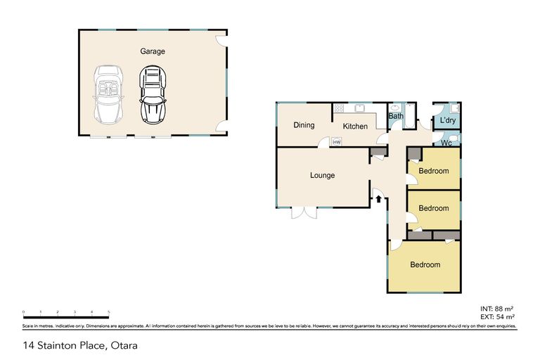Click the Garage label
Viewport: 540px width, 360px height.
(153, 51)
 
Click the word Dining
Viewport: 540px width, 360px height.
(304, 125)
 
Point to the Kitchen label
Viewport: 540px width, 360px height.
(355, 127)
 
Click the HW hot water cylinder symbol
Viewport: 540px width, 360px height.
(337, 142)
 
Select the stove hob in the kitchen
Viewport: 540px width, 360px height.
(338, 108)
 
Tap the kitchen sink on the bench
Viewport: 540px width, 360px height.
(359, 108)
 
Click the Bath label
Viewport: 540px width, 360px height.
(396, 117)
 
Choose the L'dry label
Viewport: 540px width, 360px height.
(447, 122)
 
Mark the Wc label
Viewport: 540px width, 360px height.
(446, 143)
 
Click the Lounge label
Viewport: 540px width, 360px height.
(322, 175)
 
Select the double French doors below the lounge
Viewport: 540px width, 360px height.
(305, 212)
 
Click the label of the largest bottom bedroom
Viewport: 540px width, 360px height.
(425, 265)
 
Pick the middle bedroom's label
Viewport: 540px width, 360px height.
(433, 208)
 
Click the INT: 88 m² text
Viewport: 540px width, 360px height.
(497, 309)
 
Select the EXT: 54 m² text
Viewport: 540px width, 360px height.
(497, 317)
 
